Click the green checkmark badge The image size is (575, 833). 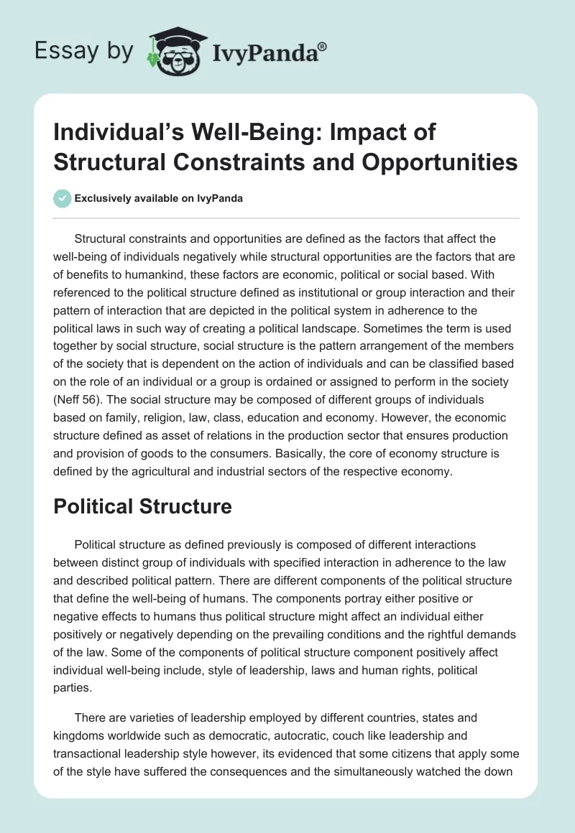[x=62, y=198]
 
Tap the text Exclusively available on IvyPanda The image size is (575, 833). [x=158, y=199]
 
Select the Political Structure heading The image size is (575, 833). [x=142, y=506]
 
